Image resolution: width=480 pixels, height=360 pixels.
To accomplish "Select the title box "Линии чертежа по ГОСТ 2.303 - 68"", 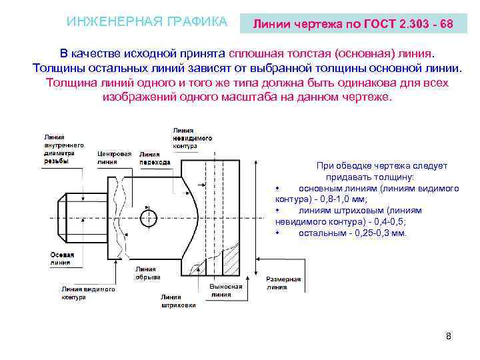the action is (353, 24).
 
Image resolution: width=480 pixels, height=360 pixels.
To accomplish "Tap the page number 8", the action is (449, 335).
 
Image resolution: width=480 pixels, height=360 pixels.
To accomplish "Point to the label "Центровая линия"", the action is (114, 157).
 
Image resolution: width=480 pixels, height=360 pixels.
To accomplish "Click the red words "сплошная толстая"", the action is (280, 53).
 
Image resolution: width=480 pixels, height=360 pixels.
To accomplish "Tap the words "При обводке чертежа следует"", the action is (382, 166).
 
